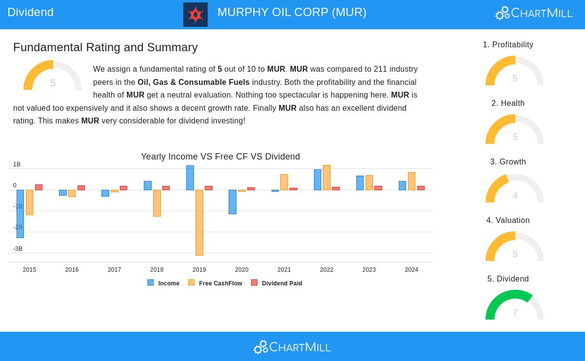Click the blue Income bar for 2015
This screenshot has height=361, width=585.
tap(20, 214)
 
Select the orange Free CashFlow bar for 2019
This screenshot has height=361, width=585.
tap(199, 222)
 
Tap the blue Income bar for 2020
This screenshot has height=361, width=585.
tap(233, 202)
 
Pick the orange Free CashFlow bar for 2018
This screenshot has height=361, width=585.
tap(157, 203)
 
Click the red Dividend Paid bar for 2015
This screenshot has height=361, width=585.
tap(39, 187)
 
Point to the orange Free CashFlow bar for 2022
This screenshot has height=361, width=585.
tap(327, 178)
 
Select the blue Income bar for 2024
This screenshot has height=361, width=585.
tap(402, 185)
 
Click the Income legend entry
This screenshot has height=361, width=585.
tap(164, 283)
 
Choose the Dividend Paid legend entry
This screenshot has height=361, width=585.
tap(277, 283)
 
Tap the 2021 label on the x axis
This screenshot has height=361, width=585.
tap(284, 270)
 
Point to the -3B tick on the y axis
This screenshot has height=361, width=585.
tap(18, 249)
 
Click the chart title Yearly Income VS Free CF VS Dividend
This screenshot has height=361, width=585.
tap(220, 157)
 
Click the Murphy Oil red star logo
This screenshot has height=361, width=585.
tap(195, 15)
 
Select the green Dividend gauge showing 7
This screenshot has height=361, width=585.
tap(514, 305)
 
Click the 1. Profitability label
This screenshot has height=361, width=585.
tap(508, 45)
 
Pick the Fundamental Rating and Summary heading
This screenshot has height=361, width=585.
tap(105, 47)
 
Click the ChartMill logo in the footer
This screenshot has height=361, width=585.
tap(292, 347)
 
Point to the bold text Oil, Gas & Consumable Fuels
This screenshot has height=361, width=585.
tap(194, 82)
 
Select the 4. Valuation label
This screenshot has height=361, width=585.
tap(508, 221)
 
